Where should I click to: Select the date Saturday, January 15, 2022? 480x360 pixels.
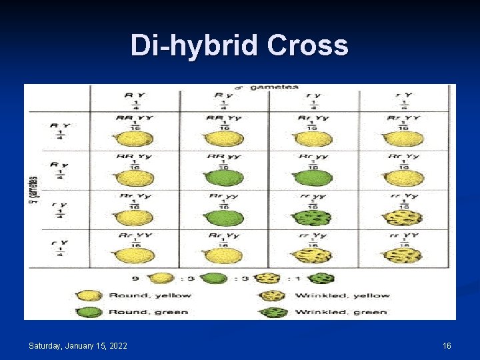point(78,345)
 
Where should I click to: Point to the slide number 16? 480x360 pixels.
point(447,345)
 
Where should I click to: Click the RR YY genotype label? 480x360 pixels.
point(133,117)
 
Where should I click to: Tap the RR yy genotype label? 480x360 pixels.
point(223,157)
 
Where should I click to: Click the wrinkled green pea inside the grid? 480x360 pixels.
point(313,218)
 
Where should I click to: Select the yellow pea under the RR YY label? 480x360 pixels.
point(134,139)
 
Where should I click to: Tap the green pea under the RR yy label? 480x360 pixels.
point(223,178)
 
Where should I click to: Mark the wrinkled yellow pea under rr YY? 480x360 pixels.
point(403,256)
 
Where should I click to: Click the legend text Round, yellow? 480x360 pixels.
point(150,295)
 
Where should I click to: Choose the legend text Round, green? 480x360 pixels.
point(148,311)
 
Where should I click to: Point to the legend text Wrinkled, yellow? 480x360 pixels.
point(342,295)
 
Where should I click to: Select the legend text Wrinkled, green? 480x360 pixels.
point(340,311)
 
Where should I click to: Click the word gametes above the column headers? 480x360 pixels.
point(275,87)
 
